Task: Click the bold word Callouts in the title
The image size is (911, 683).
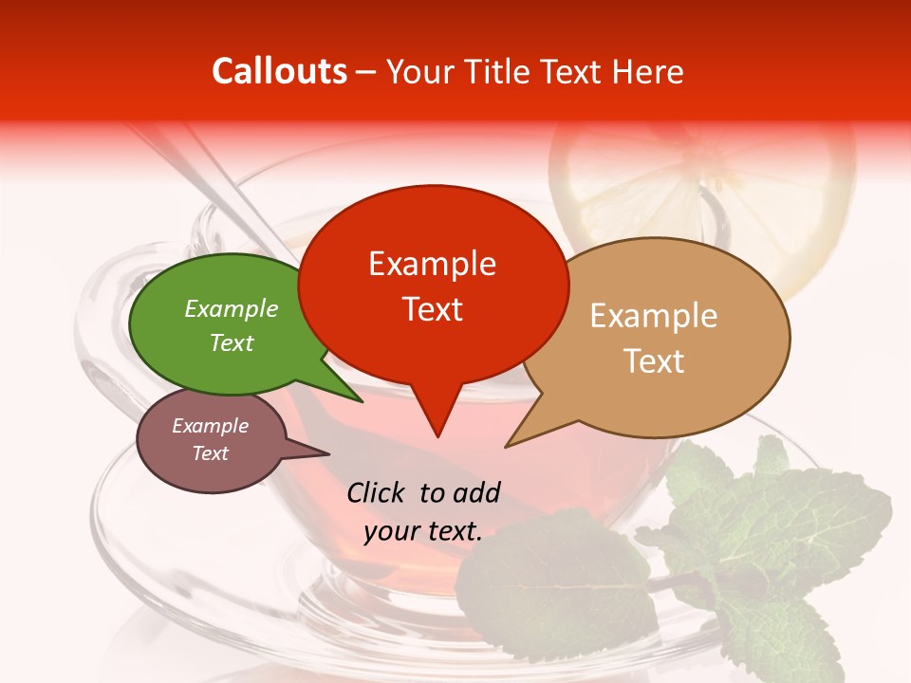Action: (279, 71)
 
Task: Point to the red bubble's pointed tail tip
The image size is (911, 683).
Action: (437, 436)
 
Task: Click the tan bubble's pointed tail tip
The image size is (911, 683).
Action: (506, 446)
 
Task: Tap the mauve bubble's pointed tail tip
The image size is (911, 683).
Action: (328, 453)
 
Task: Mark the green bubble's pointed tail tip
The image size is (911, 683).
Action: (362, 401)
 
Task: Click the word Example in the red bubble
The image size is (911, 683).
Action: (432, 264)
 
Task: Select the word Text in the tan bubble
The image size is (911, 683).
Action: (654, 360)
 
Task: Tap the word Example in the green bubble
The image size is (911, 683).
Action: (231, 309)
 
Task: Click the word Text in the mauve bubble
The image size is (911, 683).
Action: (210, 453)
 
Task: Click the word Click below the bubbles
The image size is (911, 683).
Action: (377, 492)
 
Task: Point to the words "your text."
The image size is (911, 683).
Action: (423, 531)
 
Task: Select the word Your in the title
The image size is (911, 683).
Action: (418, 71)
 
